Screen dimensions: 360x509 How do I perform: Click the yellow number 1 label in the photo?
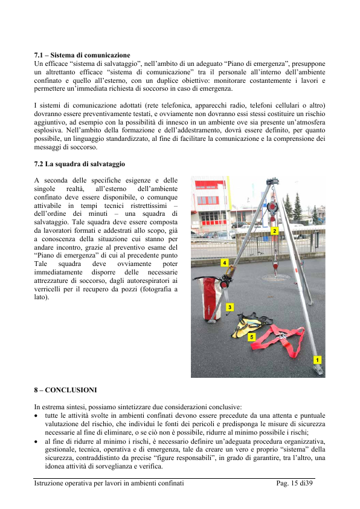pyautogui.click(x=317, y=360)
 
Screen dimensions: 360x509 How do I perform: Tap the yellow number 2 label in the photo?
pyautogui.click(x=274, y=231)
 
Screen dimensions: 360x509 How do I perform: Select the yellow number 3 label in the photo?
pyautogui.click(x=230, y=307)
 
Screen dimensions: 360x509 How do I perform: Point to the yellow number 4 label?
pyautogui.click(x=225, y=262)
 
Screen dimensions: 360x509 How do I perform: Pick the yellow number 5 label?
pyautogui.click(x=252, y=337)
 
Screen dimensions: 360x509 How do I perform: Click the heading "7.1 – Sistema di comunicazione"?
pyautogui.click(x=82, y=55)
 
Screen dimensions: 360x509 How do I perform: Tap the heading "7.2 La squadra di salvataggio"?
pyautogui.click(x=80, y=164)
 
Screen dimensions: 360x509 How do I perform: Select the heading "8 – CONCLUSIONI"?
pyautogui.click(x=65, y=390)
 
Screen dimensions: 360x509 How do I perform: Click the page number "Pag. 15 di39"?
pyautogui.click(x=295, y=483)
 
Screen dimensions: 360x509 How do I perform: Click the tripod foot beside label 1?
pyautogui.click(x=318, y=370)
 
